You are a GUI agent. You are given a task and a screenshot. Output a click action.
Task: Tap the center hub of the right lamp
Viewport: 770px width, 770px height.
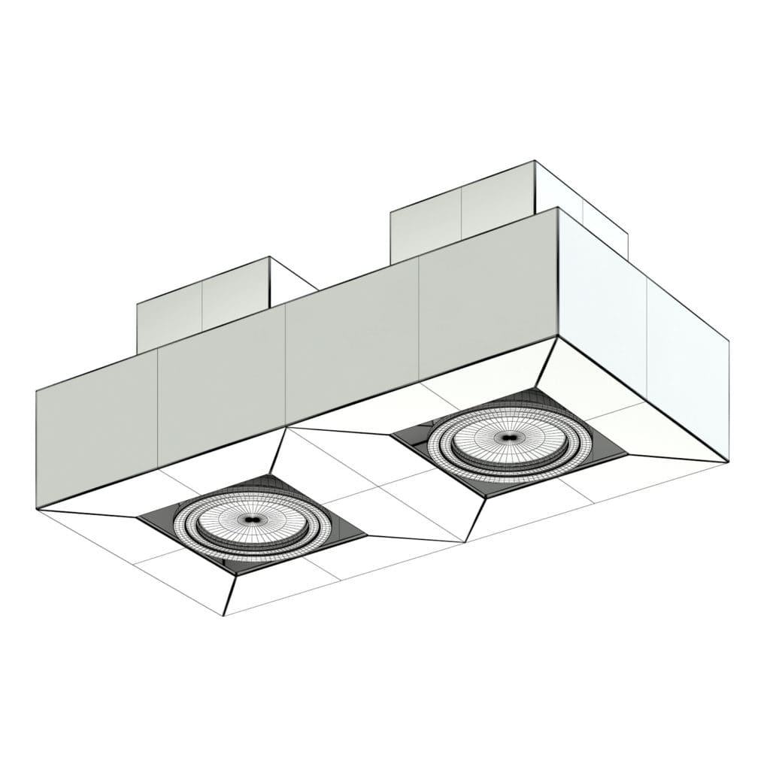coord(506,437)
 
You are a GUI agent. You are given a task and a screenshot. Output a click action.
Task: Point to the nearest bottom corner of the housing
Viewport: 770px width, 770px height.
coord(226,615)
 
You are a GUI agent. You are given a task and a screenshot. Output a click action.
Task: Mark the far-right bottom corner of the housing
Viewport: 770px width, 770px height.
coord(728,461)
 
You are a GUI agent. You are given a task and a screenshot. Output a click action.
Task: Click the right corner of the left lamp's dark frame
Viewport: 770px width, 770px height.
coord(366,535)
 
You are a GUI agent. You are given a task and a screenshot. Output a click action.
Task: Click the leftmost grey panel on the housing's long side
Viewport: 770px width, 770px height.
coord(96,436)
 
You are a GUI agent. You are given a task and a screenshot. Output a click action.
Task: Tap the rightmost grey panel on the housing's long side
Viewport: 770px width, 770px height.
coord(487,297)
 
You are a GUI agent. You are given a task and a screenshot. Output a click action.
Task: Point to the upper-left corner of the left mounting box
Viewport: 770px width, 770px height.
coord(137,305)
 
